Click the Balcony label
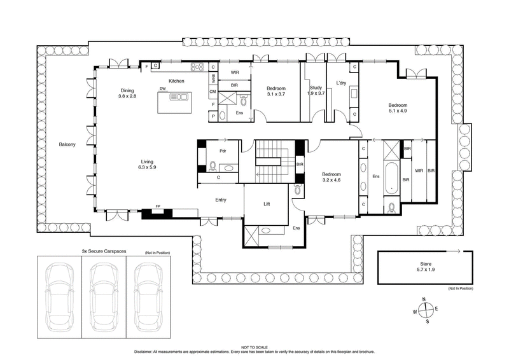point(67,145)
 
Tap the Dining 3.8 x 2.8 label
point(127,93)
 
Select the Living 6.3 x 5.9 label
point(147,164)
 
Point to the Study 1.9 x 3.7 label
point(316,90)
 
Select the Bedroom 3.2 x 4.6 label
point(331,177)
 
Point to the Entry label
point(221,200)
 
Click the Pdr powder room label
point(223,151)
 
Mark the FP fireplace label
point(158,207)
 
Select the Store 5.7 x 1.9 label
point(425,267)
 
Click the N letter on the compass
point(423,299)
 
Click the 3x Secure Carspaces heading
point(104,252)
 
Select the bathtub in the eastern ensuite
point(391,179)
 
